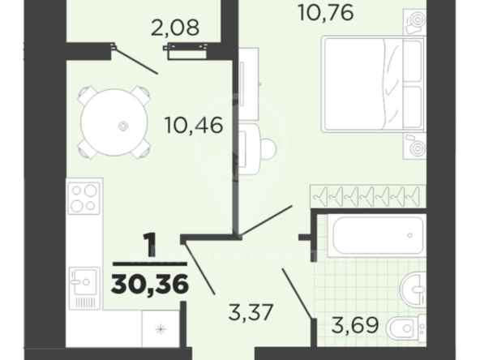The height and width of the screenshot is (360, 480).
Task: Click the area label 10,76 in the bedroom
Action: click(x=326, y=14)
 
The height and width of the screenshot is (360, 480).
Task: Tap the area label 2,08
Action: click(x=175, y=28)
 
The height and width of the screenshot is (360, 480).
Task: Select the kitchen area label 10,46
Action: click(x=194, y=126)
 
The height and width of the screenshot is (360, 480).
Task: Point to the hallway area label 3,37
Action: click(x=251, y=312)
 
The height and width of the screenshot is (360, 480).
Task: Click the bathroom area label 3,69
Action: click(x=355, y=325)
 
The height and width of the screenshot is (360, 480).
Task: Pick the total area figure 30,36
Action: click(x=150, y=284)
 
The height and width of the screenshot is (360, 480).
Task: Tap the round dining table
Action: click(x=114, y=123)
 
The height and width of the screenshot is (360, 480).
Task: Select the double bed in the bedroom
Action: click(x=374, y=84)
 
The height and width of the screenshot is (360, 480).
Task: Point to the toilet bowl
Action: click(x=406, y=329)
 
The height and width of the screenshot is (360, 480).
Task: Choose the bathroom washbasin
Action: click(x=414, y=289)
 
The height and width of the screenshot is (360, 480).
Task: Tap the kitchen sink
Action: click(x=84, y=289)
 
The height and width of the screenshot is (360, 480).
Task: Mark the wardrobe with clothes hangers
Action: click(x=368, y=195)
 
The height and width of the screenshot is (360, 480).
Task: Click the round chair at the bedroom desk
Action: click(x=266, y=149)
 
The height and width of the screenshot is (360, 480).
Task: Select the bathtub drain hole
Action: click(x=409, y=236)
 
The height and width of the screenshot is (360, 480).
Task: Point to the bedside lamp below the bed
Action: click(x=415, y=146)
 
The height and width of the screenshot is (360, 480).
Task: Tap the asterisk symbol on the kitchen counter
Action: click(x=160, y=329)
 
